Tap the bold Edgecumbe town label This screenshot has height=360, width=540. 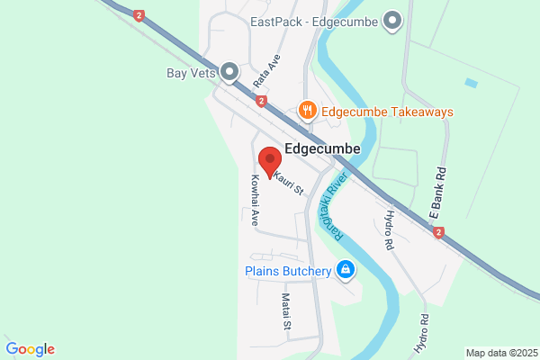[x=322, y=148]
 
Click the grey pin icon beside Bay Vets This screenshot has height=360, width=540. [x=229, y=70]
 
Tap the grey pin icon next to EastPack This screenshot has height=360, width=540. [x=392, y=20]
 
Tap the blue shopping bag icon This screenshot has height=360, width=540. [x=345, y=269]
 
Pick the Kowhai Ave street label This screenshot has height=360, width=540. [x=255, y=200]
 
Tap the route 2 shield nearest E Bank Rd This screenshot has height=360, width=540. [x=438, y=232]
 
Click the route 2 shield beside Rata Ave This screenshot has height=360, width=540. [x=261, y=102]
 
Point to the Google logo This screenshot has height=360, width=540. [x=30, y=349]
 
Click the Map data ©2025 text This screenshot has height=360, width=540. [x=500, y=352]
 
